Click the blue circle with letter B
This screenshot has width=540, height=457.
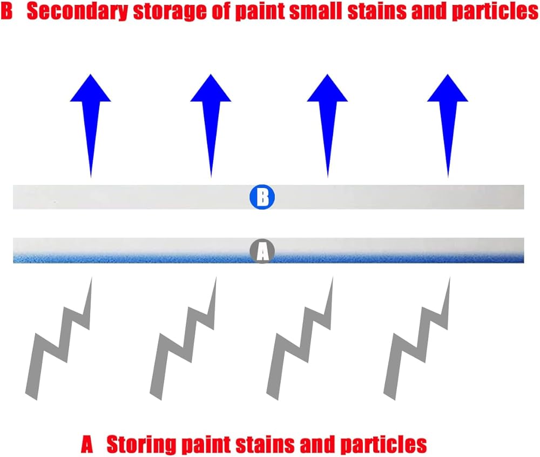pos(262,197)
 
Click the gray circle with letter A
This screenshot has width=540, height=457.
pos(262,251)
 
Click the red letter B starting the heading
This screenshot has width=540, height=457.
pos(6,11)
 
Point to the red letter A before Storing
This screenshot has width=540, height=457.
pos(87,444)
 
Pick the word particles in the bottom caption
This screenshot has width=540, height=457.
pos(383,445)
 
